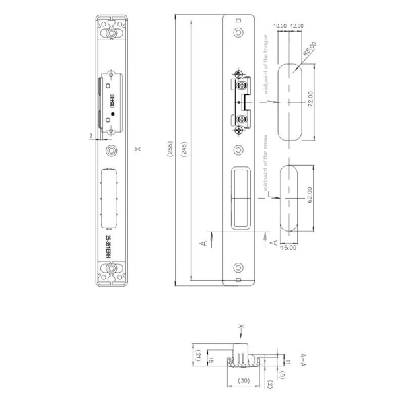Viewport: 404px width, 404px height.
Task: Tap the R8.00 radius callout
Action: [310, 48]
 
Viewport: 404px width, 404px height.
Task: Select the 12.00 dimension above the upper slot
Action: [296, 25]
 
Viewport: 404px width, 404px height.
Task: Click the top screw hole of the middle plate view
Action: [236, 32]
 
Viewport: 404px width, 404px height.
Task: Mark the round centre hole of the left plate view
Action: [111, 149]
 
